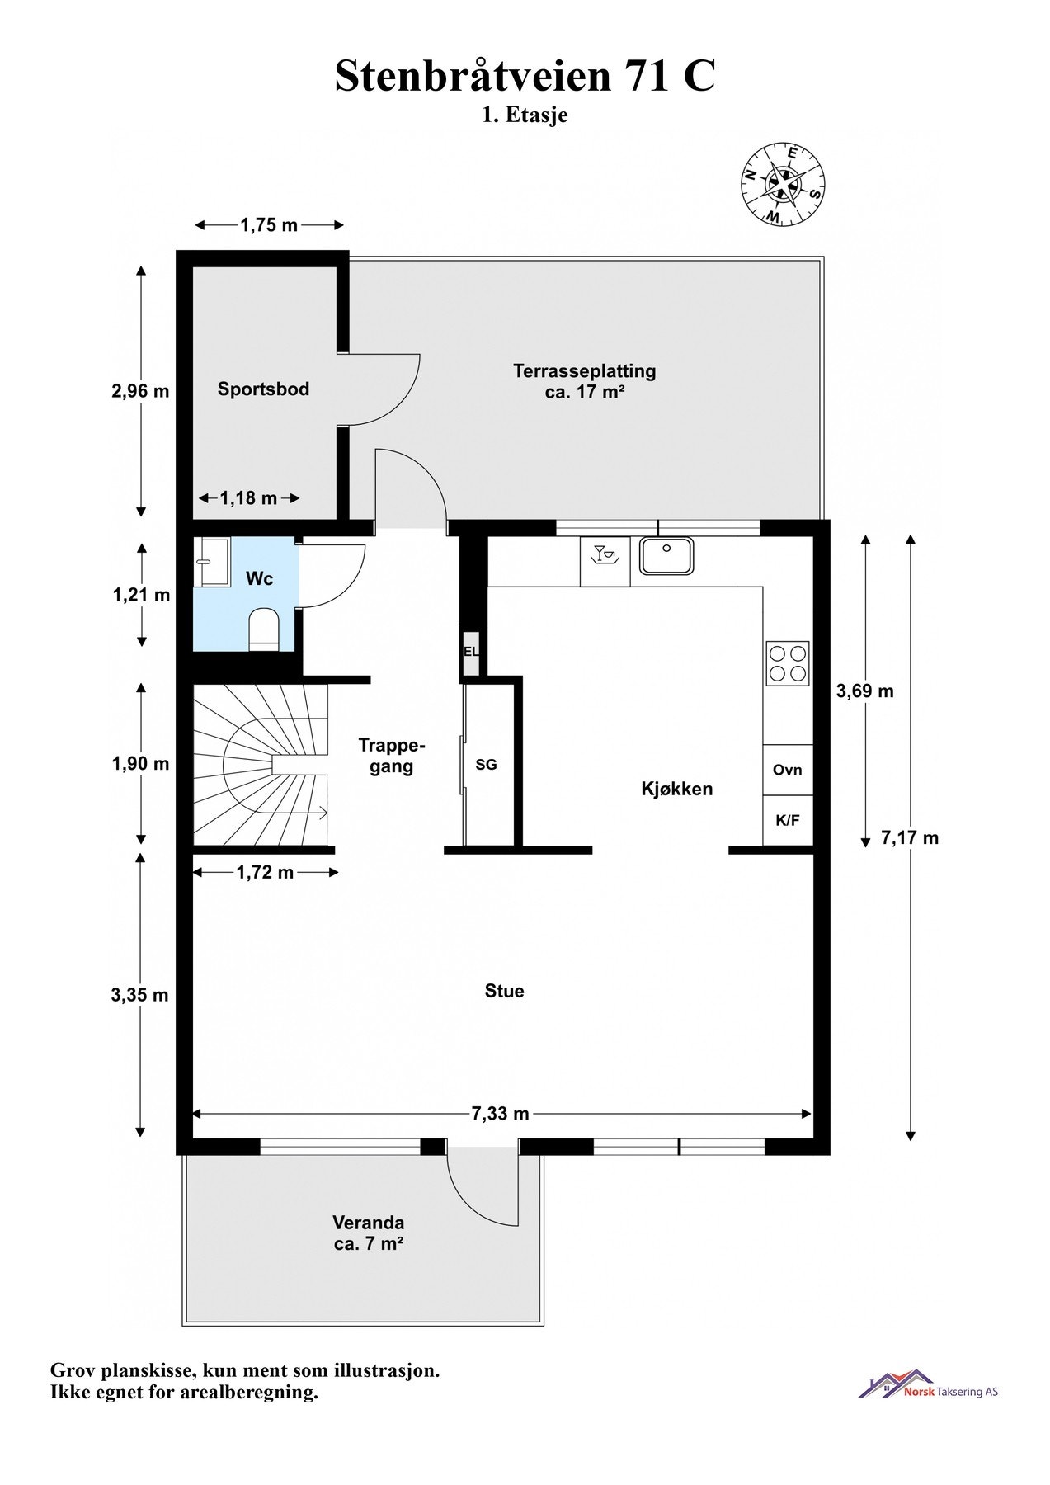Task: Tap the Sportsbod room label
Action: [x=263, y=389]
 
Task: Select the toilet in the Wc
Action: [x=264, y=630]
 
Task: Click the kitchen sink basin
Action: [x=666, y=556]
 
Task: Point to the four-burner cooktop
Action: [x=787, y=663]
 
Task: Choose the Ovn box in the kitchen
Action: [x=788, y=770]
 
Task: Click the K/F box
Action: [x=788, y=821]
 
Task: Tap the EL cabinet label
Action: [x=471, y=652]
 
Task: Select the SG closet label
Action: [x=487, y=765]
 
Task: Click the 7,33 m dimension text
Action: [x=500, y=1114]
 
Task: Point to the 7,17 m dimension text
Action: [x=910, y=838]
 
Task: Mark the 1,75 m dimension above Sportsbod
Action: [x=269, y=224]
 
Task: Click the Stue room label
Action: [x=504, y=991]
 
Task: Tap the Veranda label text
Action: [x=368, y=1223]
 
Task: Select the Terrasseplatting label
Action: [x=585, y=371]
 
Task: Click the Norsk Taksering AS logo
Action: [x=928, y=1385]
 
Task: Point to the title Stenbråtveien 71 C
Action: [x=525, y=77]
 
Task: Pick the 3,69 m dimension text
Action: [x=865, y=691]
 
